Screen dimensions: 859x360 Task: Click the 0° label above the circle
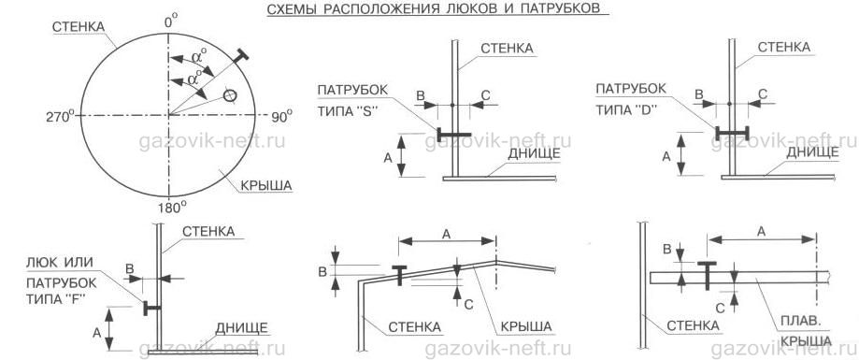click(x=171, y=23)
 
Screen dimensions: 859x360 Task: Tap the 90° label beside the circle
click(x=281, y=116)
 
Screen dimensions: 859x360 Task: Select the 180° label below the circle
click(x=171, y=208)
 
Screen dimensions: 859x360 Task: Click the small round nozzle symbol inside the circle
click(x=231, y=96)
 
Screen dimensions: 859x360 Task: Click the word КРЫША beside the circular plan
click(x=266, y=186)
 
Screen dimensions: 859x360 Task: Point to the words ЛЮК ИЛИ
click(x=60, y=263)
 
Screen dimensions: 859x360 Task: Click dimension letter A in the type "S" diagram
click(x=388, y=158)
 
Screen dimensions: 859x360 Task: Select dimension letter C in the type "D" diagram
click(x=763, y=94)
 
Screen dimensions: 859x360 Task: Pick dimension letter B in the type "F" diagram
click(x=130, y=268)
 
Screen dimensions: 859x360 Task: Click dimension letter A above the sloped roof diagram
click(x=446, y=235)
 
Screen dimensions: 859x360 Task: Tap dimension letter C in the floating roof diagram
click(x=720, y=309)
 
